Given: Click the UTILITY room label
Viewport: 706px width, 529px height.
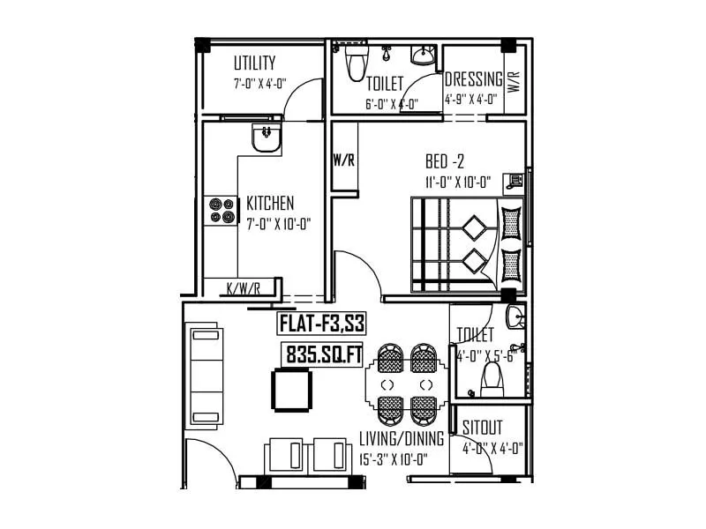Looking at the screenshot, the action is (x=254, y=63).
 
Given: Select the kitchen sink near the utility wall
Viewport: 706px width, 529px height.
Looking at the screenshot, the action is (x=267, y=138).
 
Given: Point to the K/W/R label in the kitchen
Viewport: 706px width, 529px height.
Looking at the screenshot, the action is (x=244, y=288).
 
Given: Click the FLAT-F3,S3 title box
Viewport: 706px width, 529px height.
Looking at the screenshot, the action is (x=321, y=324).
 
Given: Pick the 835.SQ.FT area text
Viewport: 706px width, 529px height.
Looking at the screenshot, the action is (x=323, y=354).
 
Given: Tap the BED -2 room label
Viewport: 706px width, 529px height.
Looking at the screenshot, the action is (x=445, y=160).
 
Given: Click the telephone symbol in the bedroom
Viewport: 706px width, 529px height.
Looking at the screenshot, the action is (x=514, y=181).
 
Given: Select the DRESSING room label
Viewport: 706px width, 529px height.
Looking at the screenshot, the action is (x=474, y=79).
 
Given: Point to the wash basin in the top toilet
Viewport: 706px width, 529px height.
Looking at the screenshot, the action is (x=424, y=55).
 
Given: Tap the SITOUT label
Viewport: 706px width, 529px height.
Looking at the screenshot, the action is (x=482, y=428).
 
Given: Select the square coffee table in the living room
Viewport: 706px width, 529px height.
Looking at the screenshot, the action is (x=292, y=390).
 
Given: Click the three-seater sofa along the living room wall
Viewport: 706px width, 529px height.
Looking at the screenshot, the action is (x=204, y=377).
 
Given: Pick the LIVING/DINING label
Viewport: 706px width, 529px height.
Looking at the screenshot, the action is (x=402, y=438).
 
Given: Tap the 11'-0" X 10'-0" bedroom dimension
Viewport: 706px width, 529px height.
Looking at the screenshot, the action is (x=457, y=183).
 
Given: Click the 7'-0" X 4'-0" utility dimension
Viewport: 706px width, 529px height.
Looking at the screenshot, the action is (x=260, y=84).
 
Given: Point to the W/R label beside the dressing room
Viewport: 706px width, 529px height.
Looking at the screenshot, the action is (x=514, y=82).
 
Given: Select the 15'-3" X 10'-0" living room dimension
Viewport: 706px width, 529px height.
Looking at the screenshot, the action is (x=394, y=459).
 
